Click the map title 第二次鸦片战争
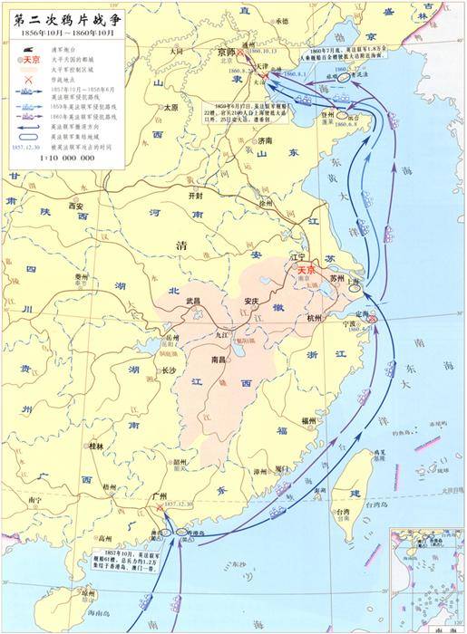(x=64, y=16)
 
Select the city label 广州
(x=162, y=495)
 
